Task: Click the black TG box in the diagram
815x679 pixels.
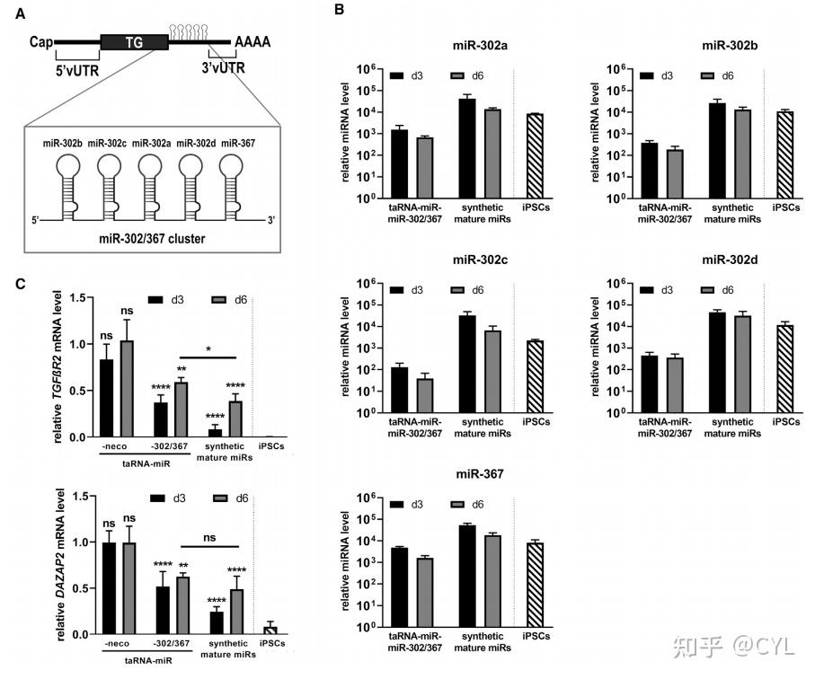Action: click(x=134, y=42)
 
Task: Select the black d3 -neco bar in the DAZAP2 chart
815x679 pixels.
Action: click(x=107, y=588)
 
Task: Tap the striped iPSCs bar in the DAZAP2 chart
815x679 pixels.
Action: click(x=270, y=630)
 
